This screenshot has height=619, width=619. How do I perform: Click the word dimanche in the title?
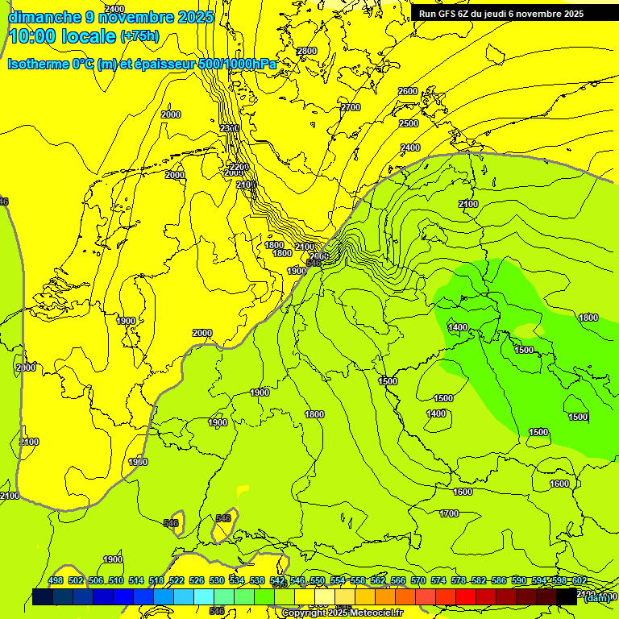coord(44,17)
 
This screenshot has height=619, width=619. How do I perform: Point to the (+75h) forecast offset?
coord(139,36)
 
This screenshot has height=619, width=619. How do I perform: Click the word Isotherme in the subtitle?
coord(38,64)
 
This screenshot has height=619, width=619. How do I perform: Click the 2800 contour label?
coord(307,51)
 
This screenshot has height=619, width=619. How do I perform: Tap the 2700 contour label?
coord(351,107)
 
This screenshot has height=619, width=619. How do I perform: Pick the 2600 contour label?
coord(409,91)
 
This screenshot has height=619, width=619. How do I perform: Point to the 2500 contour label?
coord(409,123)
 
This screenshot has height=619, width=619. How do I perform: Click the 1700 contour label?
coord(450,513)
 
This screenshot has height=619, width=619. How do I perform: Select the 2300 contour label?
coord(230,128)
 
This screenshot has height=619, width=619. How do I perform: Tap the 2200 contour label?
coord(239,167)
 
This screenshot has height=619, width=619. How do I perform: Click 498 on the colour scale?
coord(56,581)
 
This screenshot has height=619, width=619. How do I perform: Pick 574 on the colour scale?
coord(438,581)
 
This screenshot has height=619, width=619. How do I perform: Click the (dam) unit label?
coord(597,597)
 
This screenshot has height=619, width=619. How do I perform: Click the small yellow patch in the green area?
coord(243,488)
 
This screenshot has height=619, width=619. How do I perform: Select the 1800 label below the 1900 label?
coord(282,253)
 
